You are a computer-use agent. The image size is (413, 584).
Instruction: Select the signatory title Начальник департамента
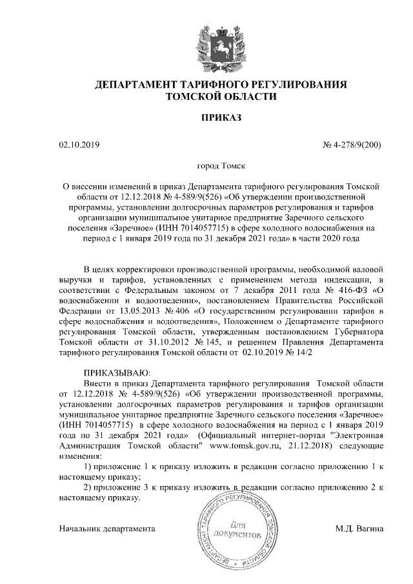pyautogui.click(x=106, y=529)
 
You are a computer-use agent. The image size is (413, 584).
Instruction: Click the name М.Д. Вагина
pyautogui.click(x=359, y=529)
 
